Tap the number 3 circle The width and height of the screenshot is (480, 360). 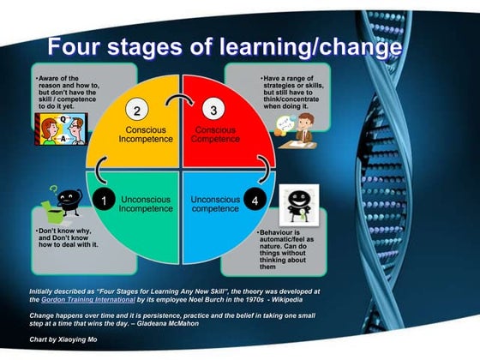pos(214,110)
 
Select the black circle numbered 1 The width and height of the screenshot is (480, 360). pos(104,200)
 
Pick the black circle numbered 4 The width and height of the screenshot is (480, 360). pos(255,200)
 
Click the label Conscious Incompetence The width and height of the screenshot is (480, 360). pos(140,135)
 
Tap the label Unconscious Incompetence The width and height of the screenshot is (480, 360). pos(140,202)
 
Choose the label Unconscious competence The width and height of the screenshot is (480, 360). pos(214,202)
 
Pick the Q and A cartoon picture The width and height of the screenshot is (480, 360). pos(55,129)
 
